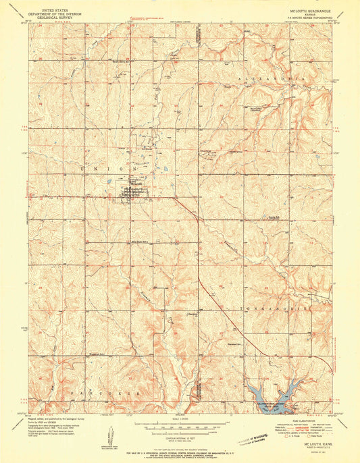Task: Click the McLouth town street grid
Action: (x=132, y=193)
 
